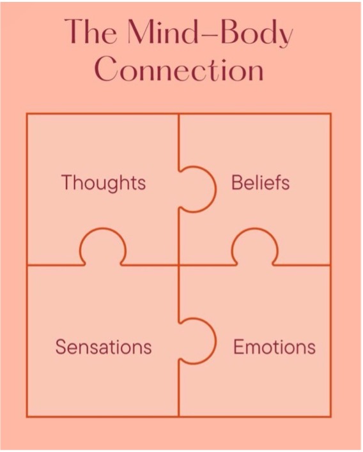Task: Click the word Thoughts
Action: point(104,183)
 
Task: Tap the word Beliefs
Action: point(260,183)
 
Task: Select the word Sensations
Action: point(104,347)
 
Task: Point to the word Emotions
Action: point(274,347)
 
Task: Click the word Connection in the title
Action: point(179,68)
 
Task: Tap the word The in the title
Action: point(91,31)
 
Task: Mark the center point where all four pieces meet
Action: point(178,265)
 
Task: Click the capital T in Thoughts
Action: point(68,182)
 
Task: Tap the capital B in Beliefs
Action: point(238,183)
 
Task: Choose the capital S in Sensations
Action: point(62,347)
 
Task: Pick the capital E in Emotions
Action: point(239,347)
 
